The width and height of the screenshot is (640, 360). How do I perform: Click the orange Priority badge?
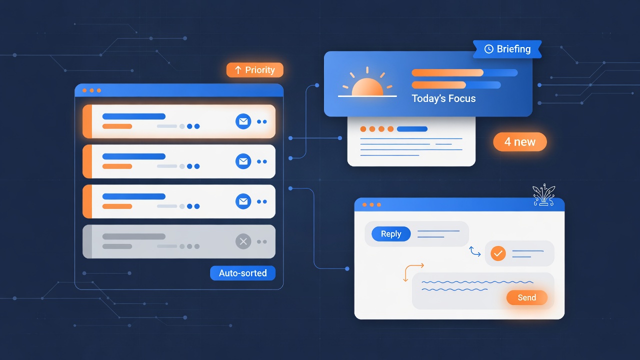coord(255,70)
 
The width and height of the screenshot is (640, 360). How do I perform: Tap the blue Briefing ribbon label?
coord(507,49)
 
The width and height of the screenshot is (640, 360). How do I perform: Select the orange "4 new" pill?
coord(519,141)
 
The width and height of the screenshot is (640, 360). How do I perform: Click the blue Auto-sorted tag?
coord(243,273)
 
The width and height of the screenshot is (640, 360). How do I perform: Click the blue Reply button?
coord(391,233)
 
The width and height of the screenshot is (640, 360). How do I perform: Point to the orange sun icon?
coord(367,82)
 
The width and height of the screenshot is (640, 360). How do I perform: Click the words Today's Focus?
coord(443,98)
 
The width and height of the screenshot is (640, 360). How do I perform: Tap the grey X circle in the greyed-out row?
coord(243,241)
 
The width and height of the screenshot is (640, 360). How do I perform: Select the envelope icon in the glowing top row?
coord(243,121)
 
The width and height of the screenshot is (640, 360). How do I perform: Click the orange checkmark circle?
coord(498,253)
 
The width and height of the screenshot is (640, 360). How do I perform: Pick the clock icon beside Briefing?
coord(489,49)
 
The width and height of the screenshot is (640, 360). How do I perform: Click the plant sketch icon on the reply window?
coord(543,195)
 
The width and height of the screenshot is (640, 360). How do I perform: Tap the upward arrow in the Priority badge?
coord(238,70)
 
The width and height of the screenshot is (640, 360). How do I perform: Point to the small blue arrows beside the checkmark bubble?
coord(475,251)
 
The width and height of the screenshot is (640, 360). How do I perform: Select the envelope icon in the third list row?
coord(243,201)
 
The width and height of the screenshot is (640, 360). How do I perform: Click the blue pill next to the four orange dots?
coord(412,129)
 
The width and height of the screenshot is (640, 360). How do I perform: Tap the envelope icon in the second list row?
coord(243,161)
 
